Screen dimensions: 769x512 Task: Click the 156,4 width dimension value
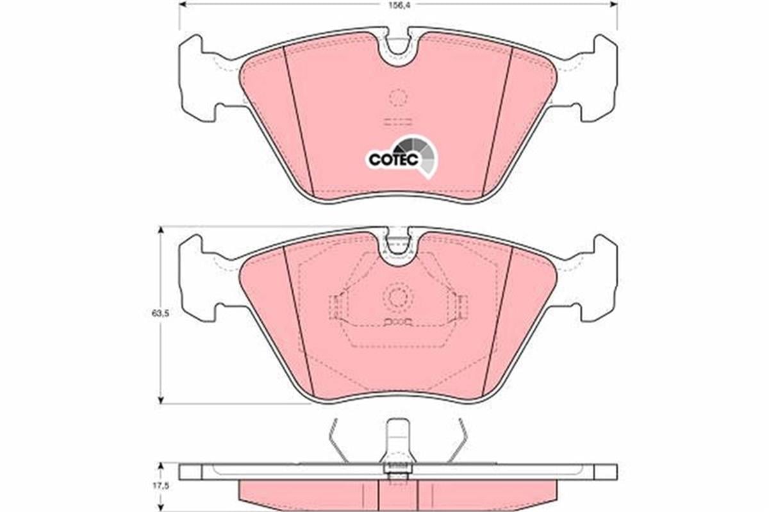tap(399, 6)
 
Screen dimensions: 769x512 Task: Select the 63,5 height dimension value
tap(160, 313)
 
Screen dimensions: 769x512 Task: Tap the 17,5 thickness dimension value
tap(160, 486)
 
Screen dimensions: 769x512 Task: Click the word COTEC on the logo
tap(393, 159)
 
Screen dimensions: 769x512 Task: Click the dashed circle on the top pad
tap(398, 97)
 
